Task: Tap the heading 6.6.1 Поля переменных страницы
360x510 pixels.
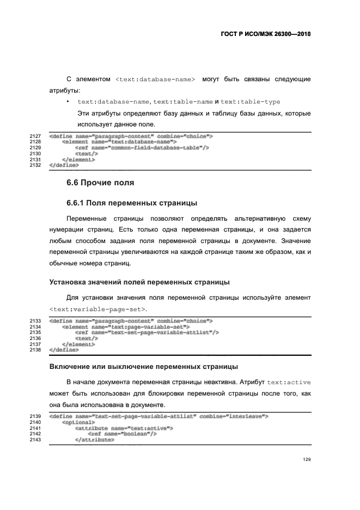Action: coord(131,203)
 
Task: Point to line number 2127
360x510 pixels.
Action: coord(35,136)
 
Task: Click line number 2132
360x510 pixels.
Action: coord(35,165)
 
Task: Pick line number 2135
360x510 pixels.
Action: coord(35,332)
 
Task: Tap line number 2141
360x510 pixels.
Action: coord(35,428)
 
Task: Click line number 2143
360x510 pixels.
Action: coord(35,440)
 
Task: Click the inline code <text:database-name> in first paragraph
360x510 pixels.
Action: coord(155,80)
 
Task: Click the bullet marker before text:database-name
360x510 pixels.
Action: coord(67,102)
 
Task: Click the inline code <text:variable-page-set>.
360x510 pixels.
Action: coord(98,309)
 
